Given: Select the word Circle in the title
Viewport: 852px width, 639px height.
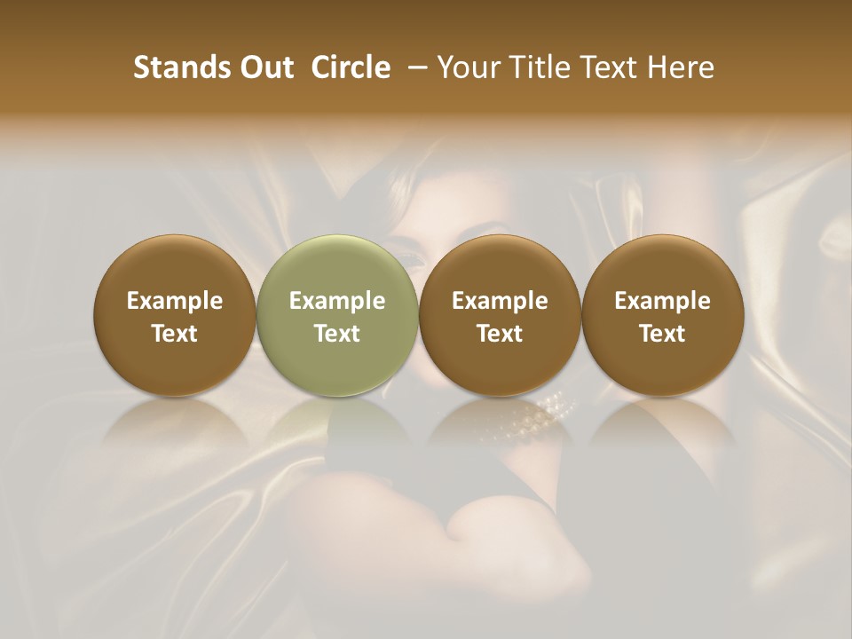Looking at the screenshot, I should coord(349,67).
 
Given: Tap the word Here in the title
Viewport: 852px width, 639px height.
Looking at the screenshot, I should coord(678,67).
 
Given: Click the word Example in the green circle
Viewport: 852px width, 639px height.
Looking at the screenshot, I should coord(337,301).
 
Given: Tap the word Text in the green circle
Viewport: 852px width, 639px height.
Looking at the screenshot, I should coord(337,334).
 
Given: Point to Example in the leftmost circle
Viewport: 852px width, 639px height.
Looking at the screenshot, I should coord(175,301).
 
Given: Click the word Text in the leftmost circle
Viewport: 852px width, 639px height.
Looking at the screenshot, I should coord(175,334).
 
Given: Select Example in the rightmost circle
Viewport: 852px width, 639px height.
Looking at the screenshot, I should coord(663,301).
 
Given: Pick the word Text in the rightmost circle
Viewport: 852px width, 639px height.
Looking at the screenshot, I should coord(663,334).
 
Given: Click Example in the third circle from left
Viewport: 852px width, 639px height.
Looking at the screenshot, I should coord(500,301).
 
